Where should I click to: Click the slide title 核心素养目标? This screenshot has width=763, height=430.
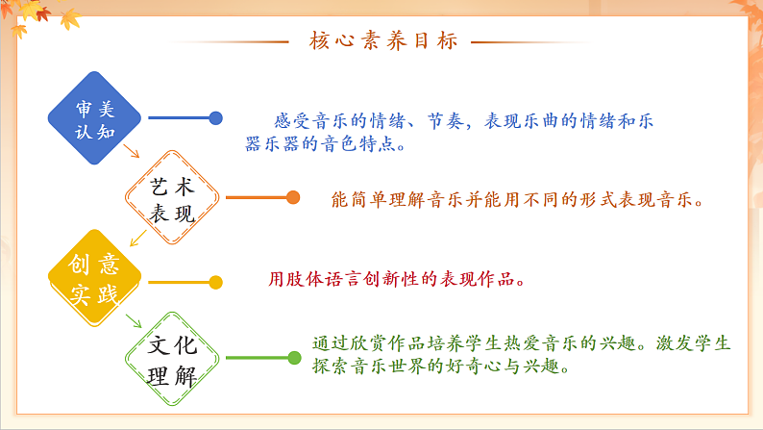(x=383, y=41)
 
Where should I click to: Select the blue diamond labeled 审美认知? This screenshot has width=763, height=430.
(x=95, y=117)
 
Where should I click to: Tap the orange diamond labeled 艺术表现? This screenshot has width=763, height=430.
(x=173, y=198)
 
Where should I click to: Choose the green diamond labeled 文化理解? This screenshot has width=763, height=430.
(x=173, y=358)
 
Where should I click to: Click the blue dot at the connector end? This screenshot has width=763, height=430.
(x=216, y=117)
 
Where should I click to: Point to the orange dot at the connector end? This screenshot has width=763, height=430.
(x=294, y=198)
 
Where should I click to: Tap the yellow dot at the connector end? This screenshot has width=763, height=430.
(x=216, y=282)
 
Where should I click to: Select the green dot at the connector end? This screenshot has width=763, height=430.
(x=294, y=358)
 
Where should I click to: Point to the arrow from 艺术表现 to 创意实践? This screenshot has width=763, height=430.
(x=134, y=235)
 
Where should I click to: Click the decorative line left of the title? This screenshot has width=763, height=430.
(x=230, y=41)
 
